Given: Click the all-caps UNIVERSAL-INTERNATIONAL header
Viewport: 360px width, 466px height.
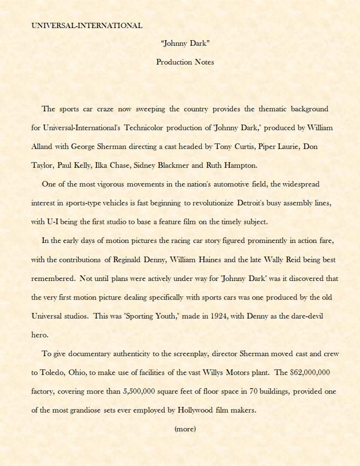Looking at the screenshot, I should (86, 25).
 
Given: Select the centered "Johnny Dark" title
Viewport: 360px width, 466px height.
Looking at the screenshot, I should (185, 43).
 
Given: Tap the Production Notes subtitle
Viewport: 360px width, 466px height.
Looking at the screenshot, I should (185, 62).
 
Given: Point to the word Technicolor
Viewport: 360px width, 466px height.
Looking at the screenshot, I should (143, 128).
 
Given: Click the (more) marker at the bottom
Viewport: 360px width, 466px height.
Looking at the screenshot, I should (185, 428).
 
